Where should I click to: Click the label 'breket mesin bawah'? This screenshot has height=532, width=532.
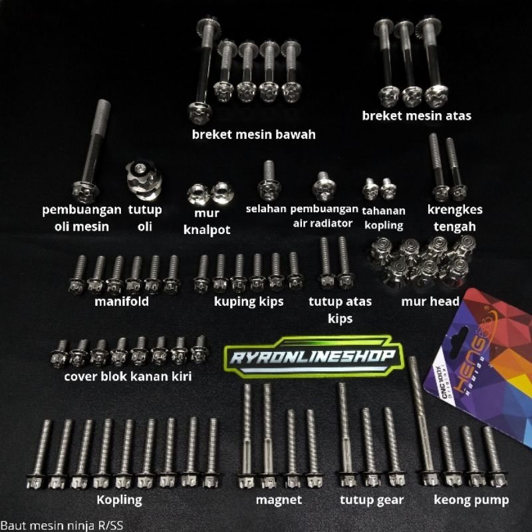pyautogui.click(x=253, y=135)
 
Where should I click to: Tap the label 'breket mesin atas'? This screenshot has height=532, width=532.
pyautogui.click(x=416, y=116)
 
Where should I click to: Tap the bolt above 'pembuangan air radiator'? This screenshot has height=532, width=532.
pyautogui.click(x=324, y=186)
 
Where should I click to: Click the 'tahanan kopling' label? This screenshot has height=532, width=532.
pyautogui.click(x=383, y=217)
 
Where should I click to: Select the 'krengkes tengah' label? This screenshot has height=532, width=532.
pyautogui.click(x=455, y=217)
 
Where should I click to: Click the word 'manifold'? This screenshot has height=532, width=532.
pyautogui.click(x=121, y=301)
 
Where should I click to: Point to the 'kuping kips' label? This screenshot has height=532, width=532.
pyautogui.click(x=249, y=301)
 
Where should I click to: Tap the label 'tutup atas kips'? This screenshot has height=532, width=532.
pyautogui.click(x=340, y=309)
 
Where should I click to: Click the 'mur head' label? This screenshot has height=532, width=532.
pyautogui.click(x=430, y=301)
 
